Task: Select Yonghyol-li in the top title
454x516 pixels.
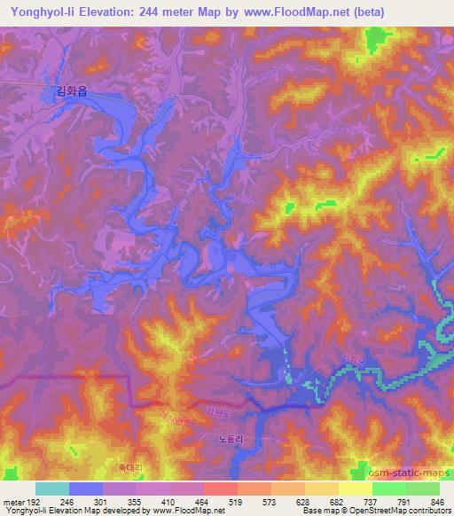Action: point(42,12)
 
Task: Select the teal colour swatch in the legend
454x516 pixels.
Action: point(51,489)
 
